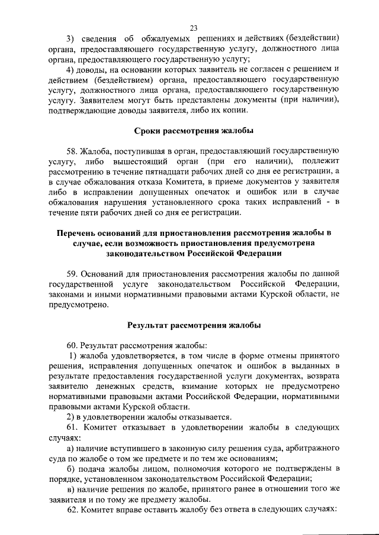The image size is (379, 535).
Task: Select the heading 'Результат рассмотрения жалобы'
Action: pyautogui.click(x=193, y=325)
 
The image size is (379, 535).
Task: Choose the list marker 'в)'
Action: pyautogui.click(x=70, y=489)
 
